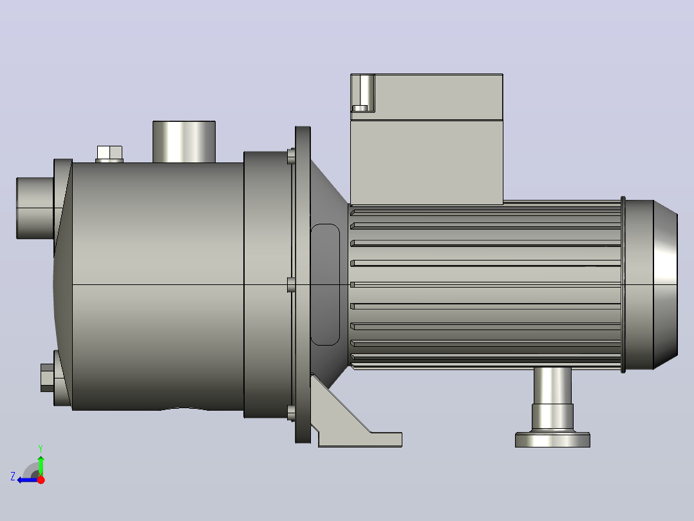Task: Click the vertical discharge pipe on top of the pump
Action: [x=184, y=141]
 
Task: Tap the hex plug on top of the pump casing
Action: [x=109, y=153]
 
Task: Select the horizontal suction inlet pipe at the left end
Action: [x=35, y=208]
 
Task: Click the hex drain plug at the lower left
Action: [x=48, y=378]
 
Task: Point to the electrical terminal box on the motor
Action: [x=427, y=139]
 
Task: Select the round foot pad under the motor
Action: [x=552, y=439]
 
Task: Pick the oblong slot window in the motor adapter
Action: [x=325, y=284]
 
